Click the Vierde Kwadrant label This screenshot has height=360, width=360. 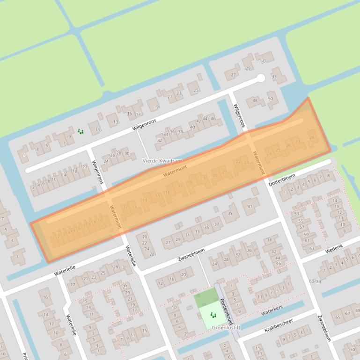[162, 161]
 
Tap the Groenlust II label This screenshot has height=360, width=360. [225, 328]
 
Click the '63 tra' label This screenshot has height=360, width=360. [315, 281]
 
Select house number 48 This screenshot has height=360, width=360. [255, 101]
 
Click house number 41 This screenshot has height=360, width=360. [250, 206]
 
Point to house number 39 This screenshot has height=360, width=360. [230, 213]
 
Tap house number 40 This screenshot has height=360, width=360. [192, 127]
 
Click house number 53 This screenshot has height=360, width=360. [296, 214]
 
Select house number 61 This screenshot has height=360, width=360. [306, 241]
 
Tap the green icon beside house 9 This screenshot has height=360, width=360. [80, 131]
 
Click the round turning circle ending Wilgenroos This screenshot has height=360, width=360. [261, 78]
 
